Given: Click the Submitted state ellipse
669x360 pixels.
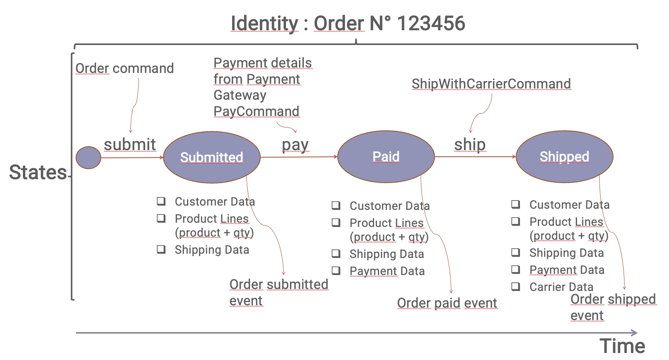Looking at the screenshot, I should click(211, 157).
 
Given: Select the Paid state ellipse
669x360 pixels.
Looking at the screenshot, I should click(386, 157).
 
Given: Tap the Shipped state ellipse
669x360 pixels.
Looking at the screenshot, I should click(564, 157).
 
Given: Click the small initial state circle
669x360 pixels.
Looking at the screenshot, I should click(88, 157).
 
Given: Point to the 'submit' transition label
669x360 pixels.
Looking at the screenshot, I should click(130, 144).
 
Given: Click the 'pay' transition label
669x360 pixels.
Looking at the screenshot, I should click(295, 145).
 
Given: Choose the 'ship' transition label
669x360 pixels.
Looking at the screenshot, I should click(470, 144).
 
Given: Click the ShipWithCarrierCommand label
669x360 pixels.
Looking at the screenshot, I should click(491, 84).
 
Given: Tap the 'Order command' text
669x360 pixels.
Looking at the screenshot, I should click(125, 68).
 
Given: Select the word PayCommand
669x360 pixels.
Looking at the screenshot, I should click(256, 111).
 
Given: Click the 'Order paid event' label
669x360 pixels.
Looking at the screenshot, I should click(447, 303).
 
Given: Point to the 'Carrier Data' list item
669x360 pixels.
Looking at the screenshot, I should click(561, 287).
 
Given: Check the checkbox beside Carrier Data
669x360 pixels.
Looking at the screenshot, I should click(516, 287).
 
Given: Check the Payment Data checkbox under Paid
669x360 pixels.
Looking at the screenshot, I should click(336, 271).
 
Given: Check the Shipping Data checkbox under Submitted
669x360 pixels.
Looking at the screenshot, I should click(161, 249).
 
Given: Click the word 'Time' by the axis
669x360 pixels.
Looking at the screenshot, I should click(622, 346).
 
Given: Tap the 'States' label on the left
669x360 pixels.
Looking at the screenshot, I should click(38, 172).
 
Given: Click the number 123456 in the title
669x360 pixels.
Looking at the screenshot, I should click(431, 23).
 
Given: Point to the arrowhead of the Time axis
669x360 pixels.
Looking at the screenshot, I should click(634, 333).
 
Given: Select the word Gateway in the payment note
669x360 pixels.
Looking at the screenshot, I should click(240, 95).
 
